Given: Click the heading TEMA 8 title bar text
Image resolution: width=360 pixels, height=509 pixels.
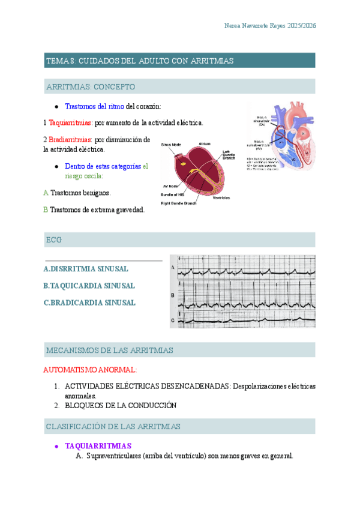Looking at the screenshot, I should coord(140,61).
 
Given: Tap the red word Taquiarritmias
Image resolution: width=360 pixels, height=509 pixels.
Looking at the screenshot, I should coord(70,122).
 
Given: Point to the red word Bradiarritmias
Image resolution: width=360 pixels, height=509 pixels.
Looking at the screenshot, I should coord(70,139).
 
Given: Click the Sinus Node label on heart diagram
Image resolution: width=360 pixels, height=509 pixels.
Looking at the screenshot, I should coord(171,144).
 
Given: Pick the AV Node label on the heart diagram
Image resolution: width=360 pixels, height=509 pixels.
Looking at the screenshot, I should coord(170,186).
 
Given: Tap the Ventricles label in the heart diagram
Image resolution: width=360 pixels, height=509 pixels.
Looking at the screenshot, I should coord(224,197).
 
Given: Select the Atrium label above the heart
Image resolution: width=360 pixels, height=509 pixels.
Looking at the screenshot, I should coord(205,144).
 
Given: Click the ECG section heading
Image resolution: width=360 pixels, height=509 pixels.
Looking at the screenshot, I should coord(54,240).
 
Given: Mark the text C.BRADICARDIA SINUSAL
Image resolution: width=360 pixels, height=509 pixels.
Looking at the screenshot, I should coord(89,303).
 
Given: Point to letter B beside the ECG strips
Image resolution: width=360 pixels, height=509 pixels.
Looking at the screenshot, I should coord(173,295).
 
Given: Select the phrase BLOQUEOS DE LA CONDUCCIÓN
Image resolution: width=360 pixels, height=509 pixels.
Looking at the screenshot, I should coord(121,405).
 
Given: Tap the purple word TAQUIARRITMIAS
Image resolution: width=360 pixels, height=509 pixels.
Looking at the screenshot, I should coord(98,446).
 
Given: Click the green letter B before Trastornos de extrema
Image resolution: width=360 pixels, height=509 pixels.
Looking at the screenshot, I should coord(46,209).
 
